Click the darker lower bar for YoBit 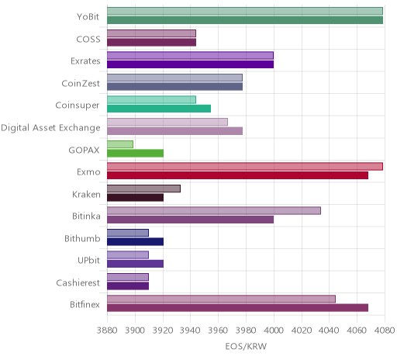245,20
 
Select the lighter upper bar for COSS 151,33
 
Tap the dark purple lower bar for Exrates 191,64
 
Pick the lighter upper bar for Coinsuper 151,100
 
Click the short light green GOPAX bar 120,144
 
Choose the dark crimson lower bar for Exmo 238,175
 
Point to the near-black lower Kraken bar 135,198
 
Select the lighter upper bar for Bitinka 214,211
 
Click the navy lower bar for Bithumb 135,242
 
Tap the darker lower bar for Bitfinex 238,308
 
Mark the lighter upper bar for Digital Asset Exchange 167,122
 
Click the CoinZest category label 81,84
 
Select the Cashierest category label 78,283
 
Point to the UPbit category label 88,261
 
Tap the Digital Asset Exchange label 50,128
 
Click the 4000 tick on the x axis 274,331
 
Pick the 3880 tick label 107,331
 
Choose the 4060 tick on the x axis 357,331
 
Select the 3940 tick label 190,331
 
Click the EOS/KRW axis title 246,347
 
